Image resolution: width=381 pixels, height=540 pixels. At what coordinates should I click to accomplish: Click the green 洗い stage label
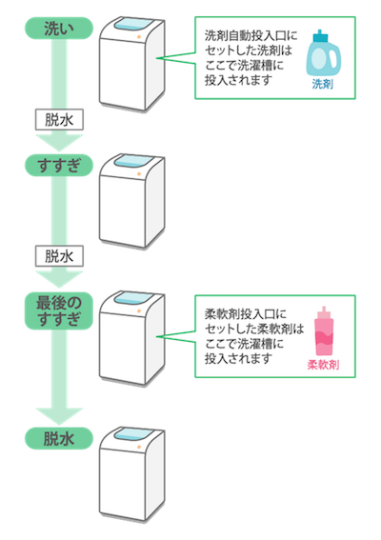[x=59, y=29]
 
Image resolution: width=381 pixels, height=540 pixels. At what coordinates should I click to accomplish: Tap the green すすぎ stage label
[x=59, y=166]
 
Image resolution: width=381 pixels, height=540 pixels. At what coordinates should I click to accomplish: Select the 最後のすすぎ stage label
[x=59, y=311]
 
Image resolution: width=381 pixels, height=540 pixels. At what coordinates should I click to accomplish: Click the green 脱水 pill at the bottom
[x=59, y=438]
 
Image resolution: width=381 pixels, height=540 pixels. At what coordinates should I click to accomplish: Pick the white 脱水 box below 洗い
[x=59, y=120]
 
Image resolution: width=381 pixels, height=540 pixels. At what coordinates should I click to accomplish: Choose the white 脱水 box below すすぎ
[x=59, y=256]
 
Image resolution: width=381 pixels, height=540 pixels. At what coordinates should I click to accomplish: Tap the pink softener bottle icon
[x=324, y=331]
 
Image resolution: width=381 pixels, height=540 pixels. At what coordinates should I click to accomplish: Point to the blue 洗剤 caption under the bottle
[x=323, y=84]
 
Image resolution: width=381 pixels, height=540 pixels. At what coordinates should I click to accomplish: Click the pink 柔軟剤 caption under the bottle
[x=323, y=365]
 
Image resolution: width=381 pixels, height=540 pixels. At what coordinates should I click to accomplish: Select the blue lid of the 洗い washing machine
[x=132, y=25]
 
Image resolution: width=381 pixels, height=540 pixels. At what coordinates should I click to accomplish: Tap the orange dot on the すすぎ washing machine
[x=139, y=174]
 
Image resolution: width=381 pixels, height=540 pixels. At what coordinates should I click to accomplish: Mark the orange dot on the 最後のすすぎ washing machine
[x=139, y=310]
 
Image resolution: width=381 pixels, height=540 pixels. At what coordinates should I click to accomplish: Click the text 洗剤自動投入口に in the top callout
[x=251, y=35]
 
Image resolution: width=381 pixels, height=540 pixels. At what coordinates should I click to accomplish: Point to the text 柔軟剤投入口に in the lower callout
[x=246, y=314]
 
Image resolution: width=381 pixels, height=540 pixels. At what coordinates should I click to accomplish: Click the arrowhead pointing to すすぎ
[x=59, y=143]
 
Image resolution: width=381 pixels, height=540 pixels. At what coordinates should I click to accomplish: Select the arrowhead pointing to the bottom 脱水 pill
[x=59, y=416]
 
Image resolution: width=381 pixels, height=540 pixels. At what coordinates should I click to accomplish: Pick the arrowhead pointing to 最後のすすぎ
[x=59, y=279]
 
